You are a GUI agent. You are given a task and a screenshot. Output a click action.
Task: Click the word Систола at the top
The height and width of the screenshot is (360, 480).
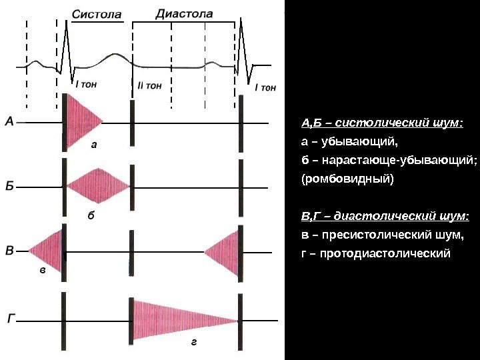point(97,14)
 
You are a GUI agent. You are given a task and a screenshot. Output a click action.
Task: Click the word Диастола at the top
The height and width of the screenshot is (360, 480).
point(184,13)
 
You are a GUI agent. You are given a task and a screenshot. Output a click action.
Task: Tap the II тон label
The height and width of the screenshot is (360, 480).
point(149,85)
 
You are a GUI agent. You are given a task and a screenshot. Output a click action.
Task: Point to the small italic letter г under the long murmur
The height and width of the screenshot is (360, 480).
point(193,343)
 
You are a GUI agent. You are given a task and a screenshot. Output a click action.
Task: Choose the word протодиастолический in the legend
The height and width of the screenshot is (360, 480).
point(392,254)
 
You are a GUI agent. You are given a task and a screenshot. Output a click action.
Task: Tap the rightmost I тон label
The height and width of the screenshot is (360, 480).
point(265,87)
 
